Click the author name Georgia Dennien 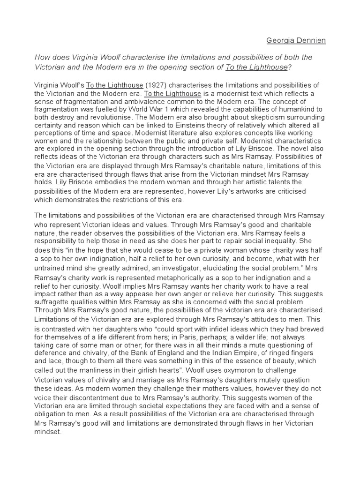tap(296, 40)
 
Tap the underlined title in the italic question tap(256, 67)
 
